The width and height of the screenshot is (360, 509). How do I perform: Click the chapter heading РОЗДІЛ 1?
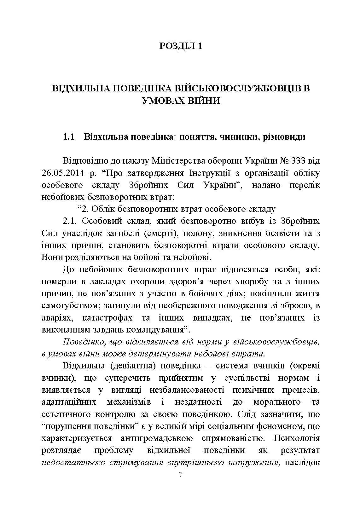click(x=180, y=46)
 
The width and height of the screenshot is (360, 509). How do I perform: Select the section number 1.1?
click(x=69, y=137)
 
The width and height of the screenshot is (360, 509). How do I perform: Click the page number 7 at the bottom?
click(x=181, y=475)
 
